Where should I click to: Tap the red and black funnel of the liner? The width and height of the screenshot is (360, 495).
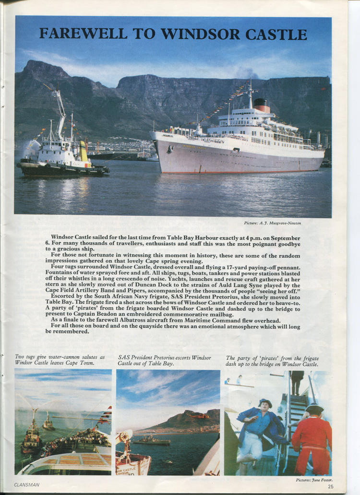point(262,106)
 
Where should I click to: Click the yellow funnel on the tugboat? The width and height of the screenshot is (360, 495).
point(84,151)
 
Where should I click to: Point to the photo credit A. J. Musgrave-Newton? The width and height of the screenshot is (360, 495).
point(273,223)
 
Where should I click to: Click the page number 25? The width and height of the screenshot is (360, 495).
point(331,486)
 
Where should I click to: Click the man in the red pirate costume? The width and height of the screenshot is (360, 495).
point(312,436)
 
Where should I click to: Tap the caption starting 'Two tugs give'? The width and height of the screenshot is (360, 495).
point(60,360)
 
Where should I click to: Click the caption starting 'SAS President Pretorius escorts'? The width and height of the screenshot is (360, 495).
point(164,360)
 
